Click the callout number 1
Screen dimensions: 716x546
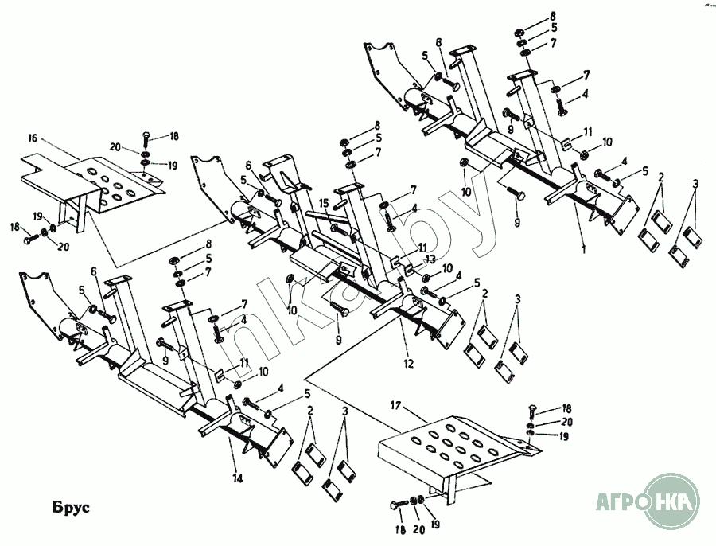pyautogui.click(x=583, y=250)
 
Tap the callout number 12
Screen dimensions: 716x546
pyautogui.click(x=408, y=364)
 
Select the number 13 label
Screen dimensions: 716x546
pyautogui.click(x=430, y=259)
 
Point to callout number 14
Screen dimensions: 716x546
pyautogui.click(x=237, y=478)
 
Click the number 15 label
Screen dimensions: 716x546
pyautogui.click(x=324, y=202)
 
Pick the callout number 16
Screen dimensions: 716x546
pyautogui.click(x=33, y=138)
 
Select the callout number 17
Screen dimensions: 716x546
pyautogui.click(x=395, y=405)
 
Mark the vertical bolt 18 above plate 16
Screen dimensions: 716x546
pyautogui.click(x=146, y=138)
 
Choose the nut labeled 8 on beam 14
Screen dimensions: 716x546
pyautogui.click(x=175, y=261)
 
